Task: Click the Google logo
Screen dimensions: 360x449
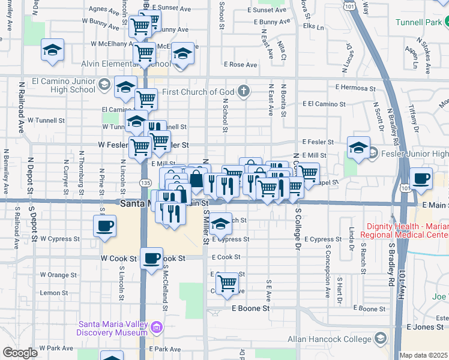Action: pos(20,353)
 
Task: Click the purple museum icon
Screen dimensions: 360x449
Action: pos(157,328)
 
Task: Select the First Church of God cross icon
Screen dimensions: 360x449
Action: pos(243,92)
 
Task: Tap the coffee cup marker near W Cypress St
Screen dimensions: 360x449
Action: pos(104,226)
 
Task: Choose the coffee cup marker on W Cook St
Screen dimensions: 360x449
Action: pos(151,258)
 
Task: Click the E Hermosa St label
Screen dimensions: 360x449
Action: pos(355,88)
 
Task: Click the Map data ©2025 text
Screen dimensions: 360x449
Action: pos(423,355)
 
